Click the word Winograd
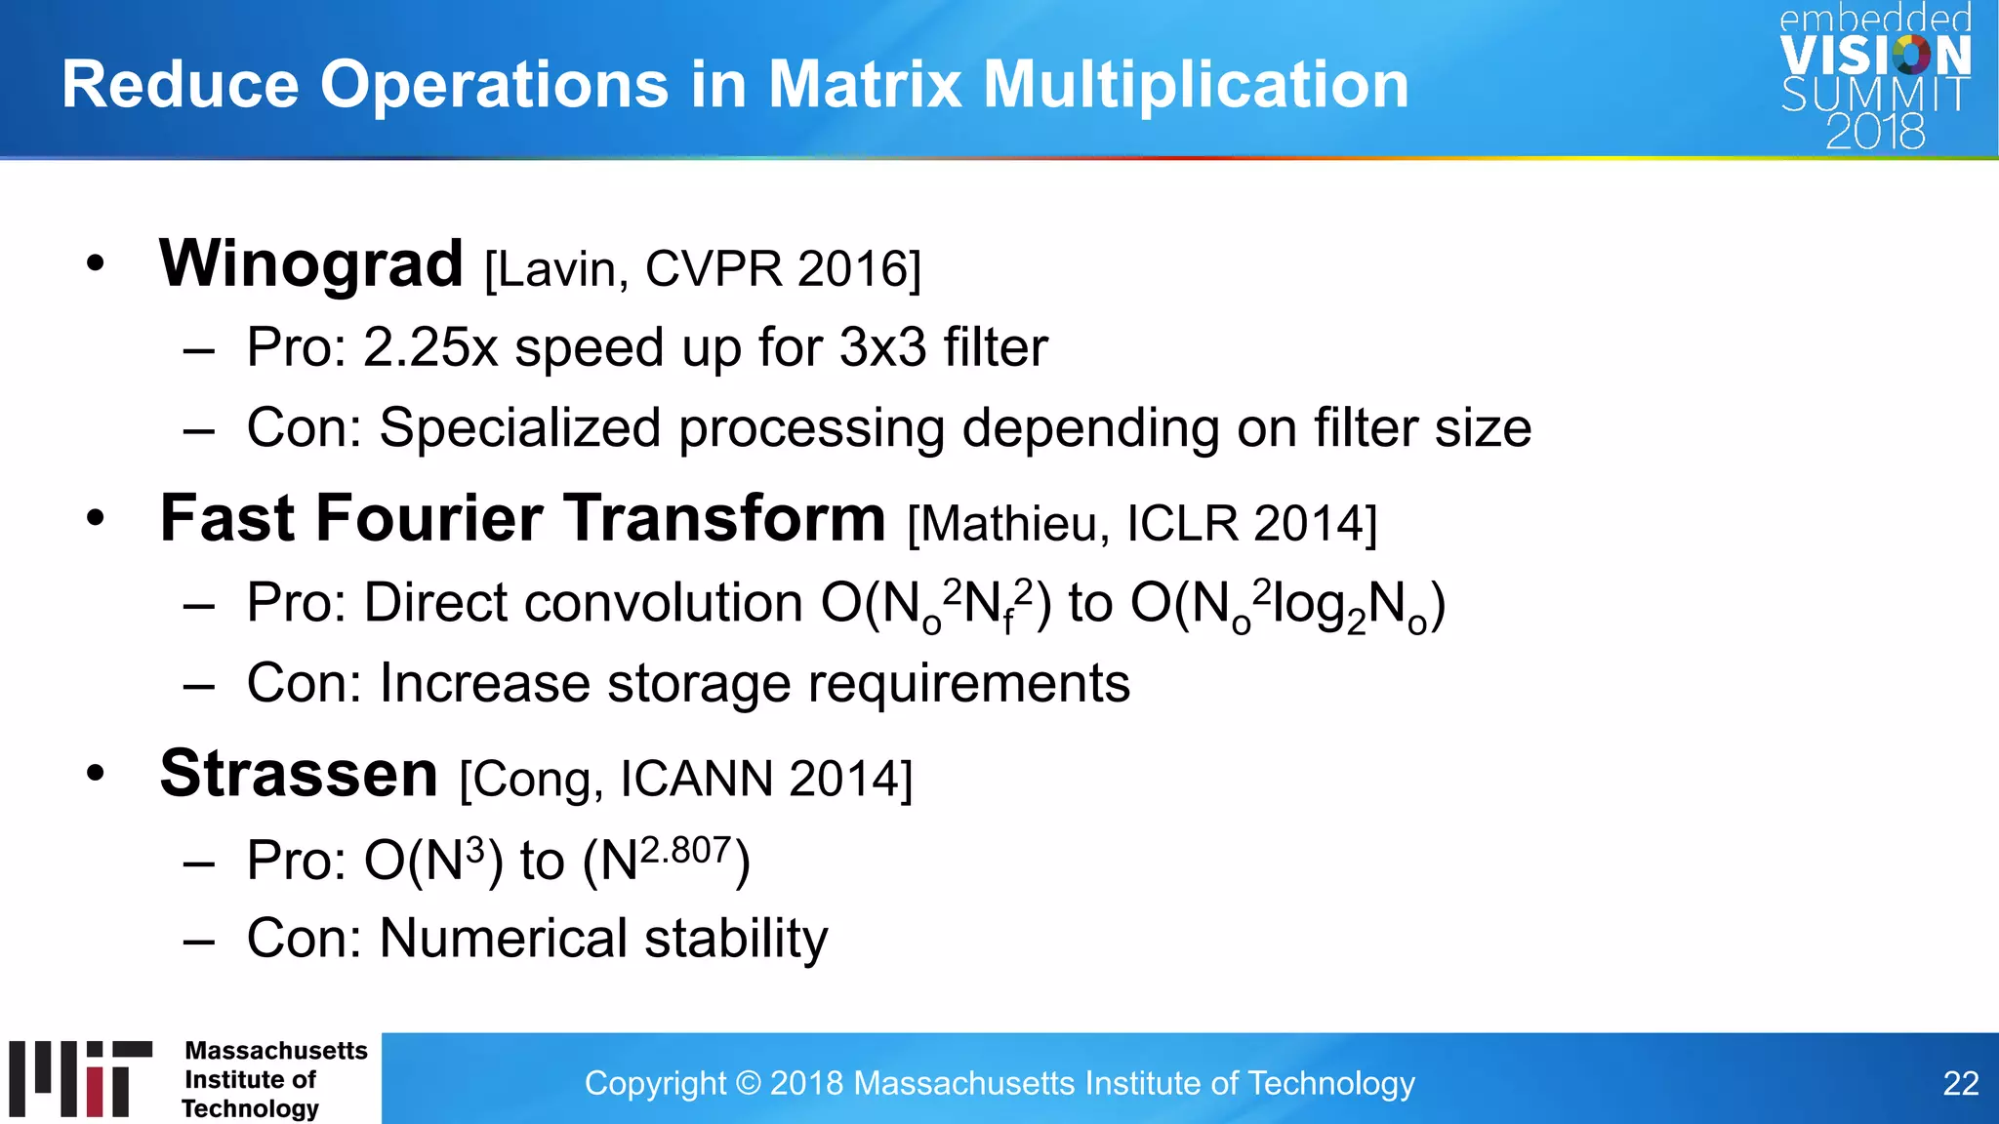[310, 264]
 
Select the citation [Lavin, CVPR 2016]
[702, 269]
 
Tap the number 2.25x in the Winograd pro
[430, 347]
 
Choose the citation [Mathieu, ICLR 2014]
[1142, 524]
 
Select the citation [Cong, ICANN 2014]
[685, 780]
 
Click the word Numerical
[503, 939]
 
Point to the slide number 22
[1960, 1083]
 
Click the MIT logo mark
[81, 1078]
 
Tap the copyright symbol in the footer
[748, 1084]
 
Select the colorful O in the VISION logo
[1911, 55]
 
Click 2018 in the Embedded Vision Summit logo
[1875, 132]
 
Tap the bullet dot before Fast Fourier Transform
[95, 518]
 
